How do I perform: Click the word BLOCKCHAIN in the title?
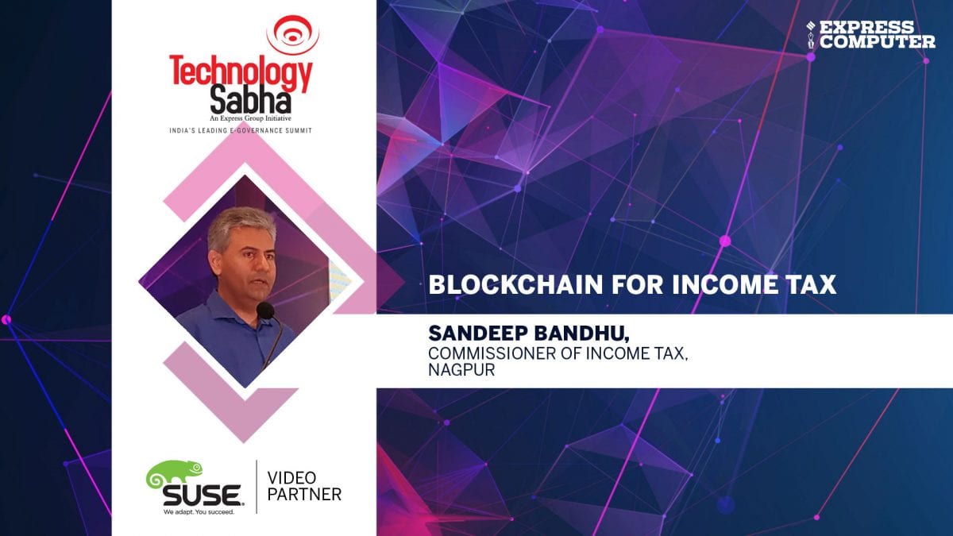coord(515,284)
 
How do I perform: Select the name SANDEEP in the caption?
coord(478,333)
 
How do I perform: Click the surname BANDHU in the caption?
coord(581,334)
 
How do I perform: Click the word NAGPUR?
coord(461,370)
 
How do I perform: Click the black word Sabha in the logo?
coord(251,100)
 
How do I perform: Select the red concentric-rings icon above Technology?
coord(293,35)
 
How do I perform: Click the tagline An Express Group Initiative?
coord(250,118)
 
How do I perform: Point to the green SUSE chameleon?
coord(174,473)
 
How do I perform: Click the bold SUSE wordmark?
coord(202,495)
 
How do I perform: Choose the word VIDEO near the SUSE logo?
coord(291,478)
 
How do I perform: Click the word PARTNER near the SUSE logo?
coord(304,495)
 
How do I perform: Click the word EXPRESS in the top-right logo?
coord(866,27)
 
